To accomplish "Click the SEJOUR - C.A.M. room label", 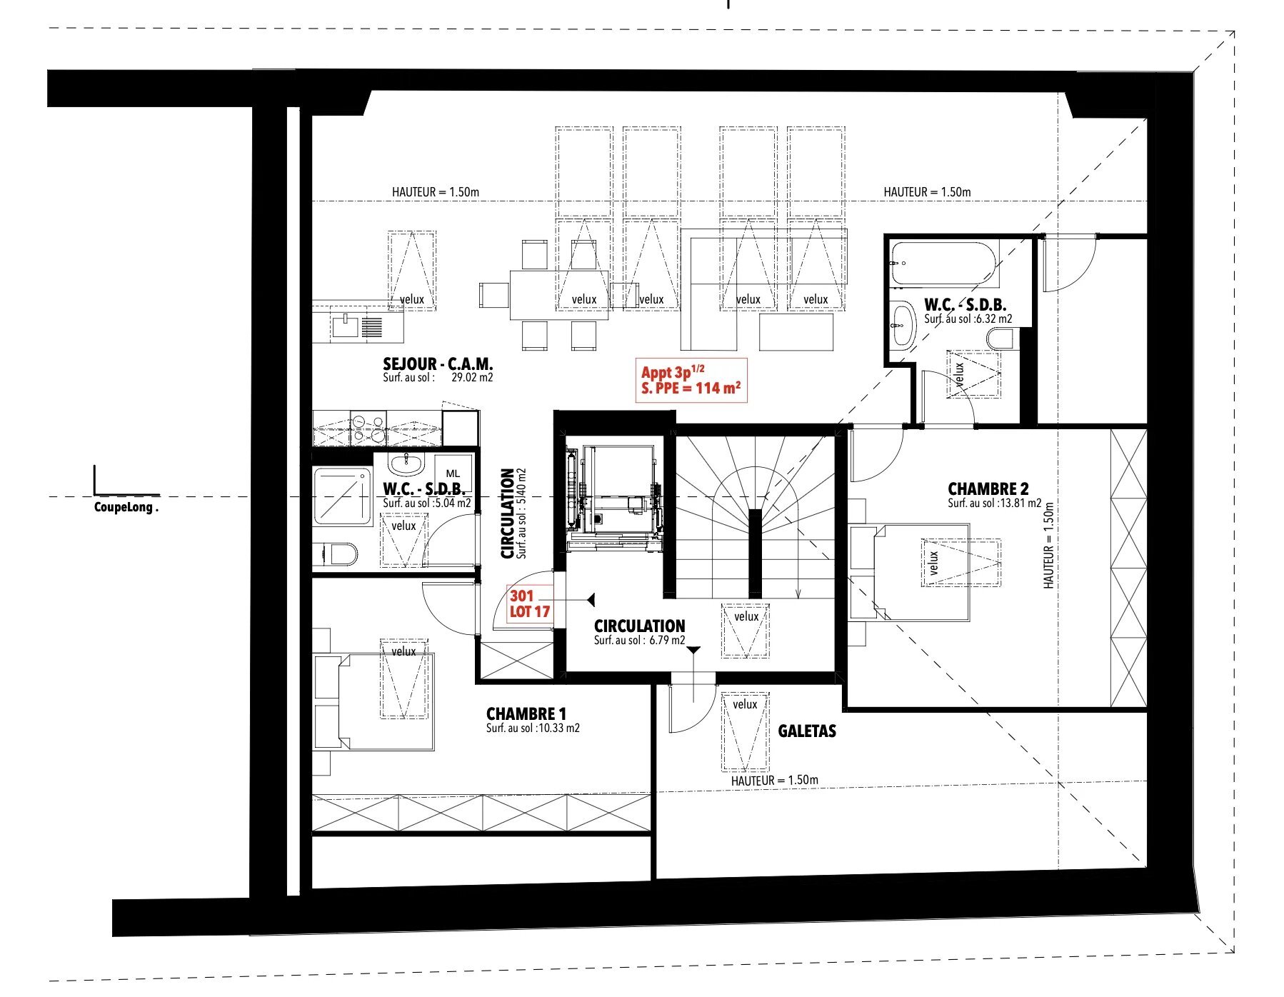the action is tap(438, 364).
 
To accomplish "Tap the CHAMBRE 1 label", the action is tap(526, 713).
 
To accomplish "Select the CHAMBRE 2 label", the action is tap(988, 489).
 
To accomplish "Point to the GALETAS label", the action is tap(807, 731).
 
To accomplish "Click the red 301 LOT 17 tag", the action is tap(530, 603).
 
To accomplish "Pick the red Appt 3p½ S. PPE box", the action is tap(691, 381).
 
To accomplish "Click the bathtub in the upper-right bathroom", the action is tap(943, 264).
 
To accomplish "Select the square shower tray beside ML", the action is tap(343, 496).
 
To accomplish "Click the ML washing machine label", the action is tap(453, 474).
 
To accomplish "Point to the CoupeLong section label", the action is tap(126, 508).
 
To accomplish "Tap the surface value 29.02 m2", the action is tap(472, 378).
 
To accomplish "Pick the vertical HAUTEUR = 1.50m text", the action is tap(1048, 544).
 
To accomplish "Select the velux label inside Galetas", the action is tap(745, 704).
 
